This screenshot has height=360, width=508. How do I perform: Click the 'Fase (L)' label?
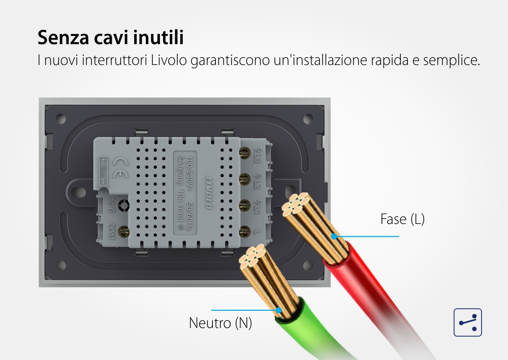pos(402,219)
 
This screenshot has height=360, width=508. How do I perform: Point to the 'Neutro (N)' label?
pos(220,323)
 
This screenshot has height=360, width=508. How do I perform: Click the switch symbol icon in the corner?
pos(467,322)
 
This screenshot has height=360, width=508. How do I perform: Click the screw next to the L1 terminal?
pos(243,204)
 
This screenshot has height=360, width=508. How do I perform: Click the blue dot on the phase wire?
pos(334,236)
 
